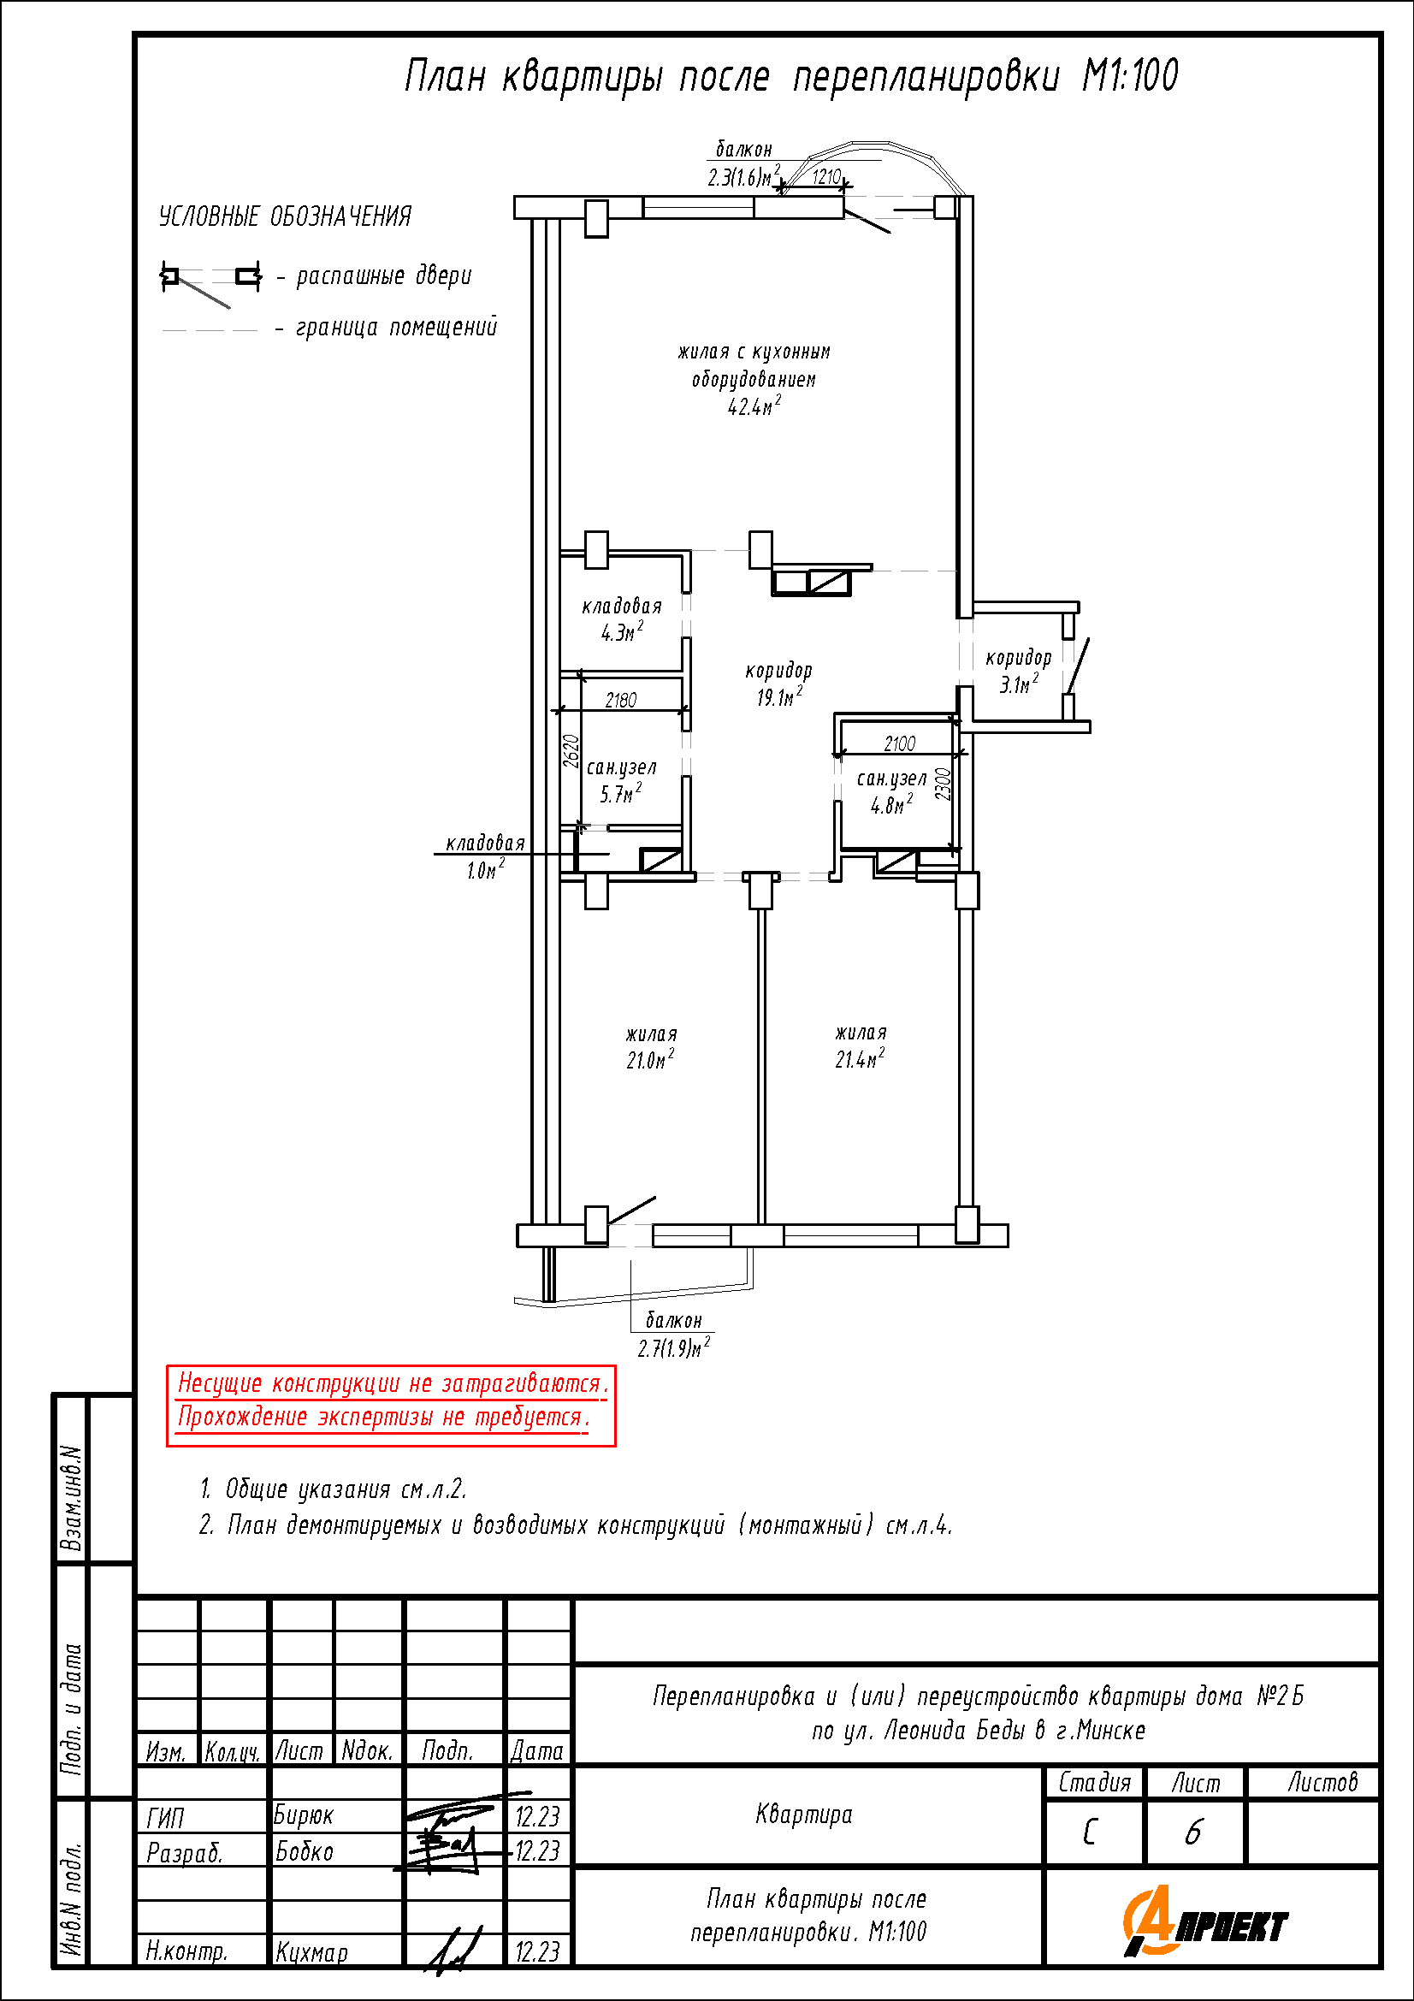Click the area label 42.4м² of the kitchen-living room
[x=754, y=406]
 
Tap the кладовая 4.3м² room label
[x=622, y=619]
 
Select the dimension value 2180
[x=621, y=700]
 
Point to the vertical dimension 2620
[x=571, y=750]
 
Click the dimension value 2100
[x=900, y=743]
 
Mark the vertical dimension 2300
[x=943, y=784]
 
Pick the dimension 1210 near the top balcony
[x=826, y=177]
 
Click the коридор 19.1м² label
[x=778, y=684]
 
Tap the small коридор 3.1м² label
[x=1019, y=671]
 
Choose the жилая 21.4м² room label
[x=861, y=1046]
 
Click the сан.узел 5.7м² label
[x=621, y=781]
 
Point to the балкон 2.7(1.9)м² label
[x=674, y=1335]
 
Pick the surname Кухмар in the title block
[x=312, y=1951]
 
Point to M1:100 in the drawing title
[x=1130, y=76]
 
